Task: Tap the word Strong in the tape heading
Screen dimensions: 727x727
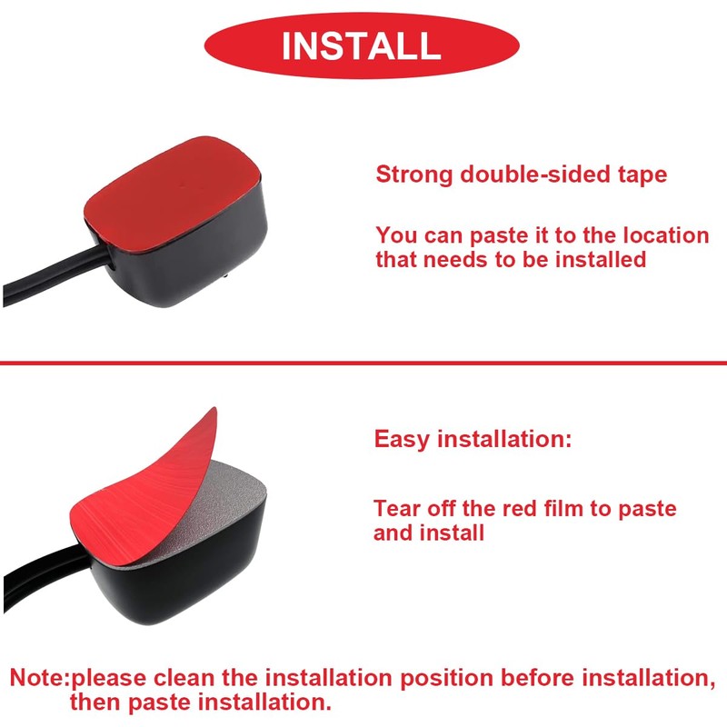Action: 414,174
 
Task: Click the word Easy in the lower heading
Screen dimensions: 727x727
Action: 403,440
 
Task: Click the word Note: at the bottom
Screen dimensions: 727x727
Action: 40,678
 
